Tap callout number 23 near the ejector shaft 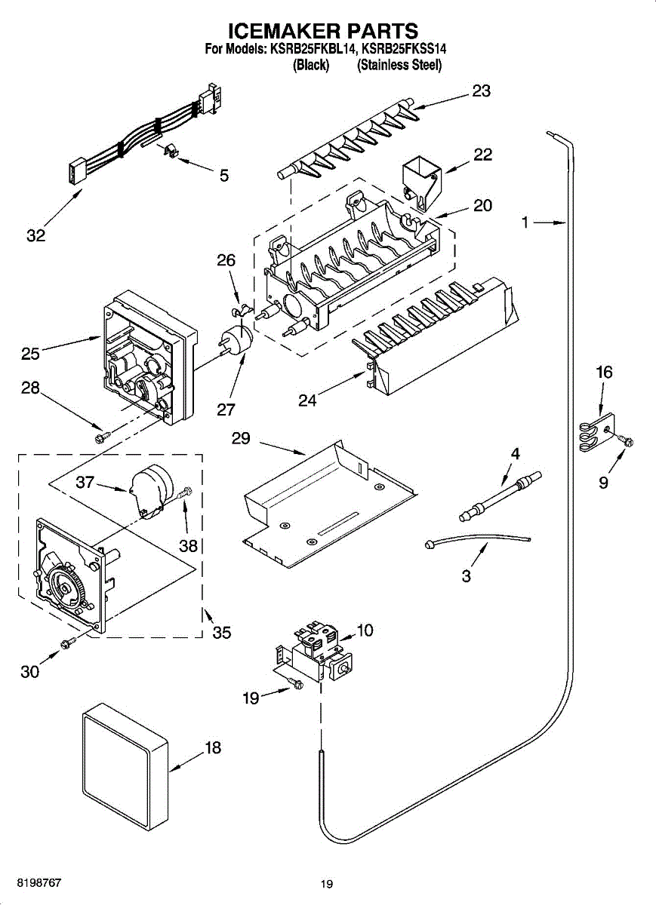[481, 90]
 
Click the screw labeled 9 [627, 441]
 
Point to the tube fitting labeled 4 [500, 496]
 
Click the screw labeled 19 [295, 683]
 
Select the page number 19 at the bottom [326, 885]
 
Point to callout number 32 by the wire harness [35, 235]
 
